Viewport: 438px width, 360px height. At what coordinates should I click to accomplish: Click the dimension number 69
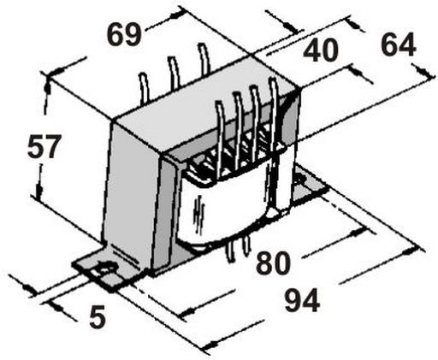point(124,34)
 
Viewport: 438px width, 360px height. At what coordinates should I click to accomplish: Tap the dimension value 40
point(321,50)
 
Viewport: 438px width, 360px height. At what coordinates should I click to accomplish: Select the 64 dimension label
point(399,44)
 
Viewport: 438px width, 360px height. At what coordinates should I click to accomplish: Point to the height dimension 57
point(44,146)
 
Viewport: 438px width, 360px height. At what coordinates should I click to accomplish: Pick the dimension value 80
point(273,263)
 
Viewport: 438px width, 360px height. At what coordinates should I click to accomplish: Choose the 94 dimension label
point(302,300)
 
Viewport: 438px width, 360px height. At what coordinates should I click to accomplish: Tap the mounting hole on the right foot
point(299,180)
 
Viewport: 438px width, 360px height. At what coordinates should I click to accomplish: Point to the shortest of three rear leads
point(144,87)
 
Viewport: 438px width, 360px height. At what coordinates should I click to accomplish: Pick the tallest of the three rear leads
point(204,58)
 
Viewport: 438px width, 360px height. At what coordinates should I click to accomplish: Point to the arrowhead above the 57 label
point(48,86)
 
